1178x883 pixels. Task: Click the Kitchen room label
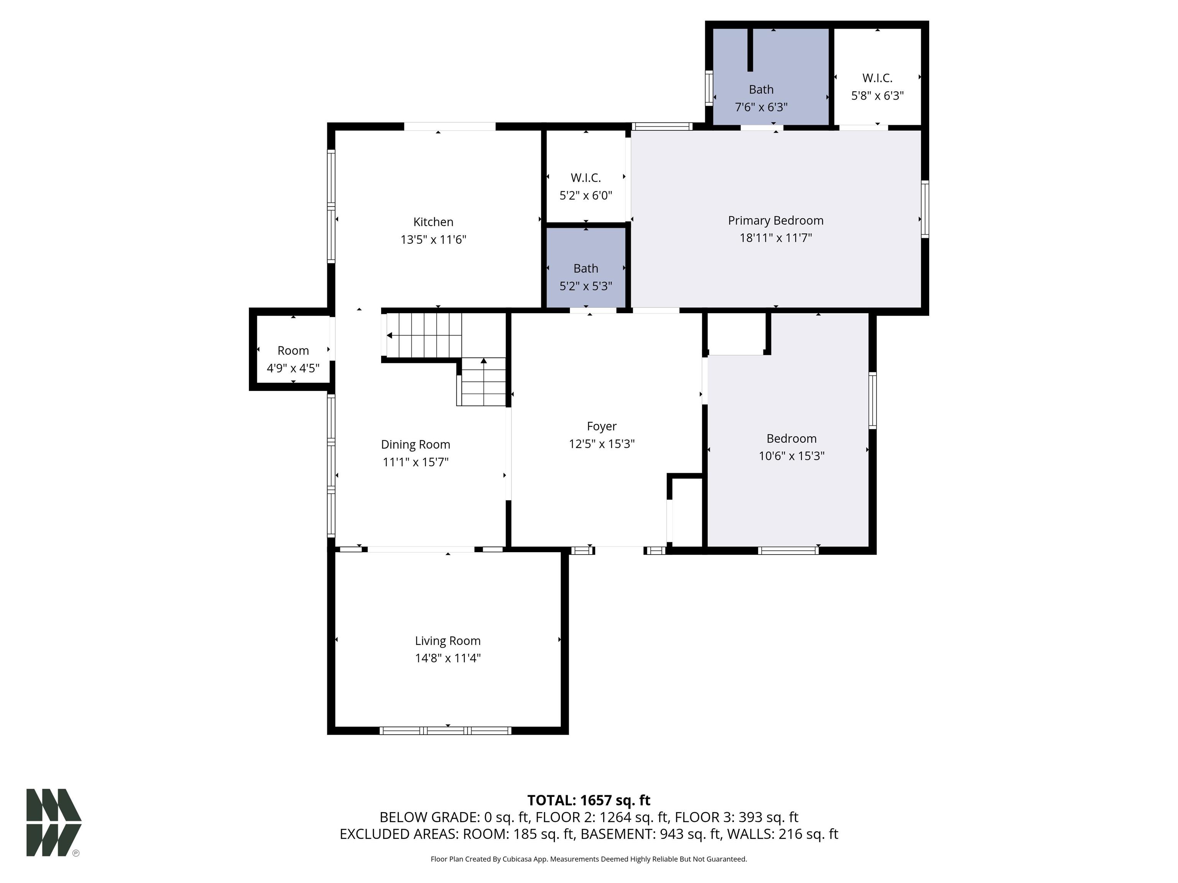point(433,222)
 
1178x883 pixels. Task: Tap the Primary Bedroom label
point(775,220)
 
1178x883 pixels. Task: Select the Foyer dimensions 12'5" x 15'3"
point(602,444)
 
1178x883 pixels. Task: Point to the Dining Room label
point(415,445)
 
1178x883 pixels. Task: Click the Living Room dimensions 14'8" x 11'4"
point(448,658)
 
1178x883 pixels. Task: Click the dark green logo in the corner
point(54,822)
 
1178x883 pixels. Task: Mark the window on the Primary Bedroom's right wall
point(925,208)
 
